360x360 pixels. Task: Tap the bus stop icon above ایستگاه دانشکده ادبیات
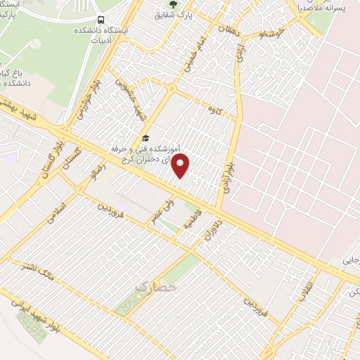click(x=103, y=20)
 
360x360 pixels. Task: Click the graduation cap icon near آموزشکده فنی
click(x=145, y=139)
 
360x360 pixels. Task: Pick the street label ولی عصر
click(x=160, y=212)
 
